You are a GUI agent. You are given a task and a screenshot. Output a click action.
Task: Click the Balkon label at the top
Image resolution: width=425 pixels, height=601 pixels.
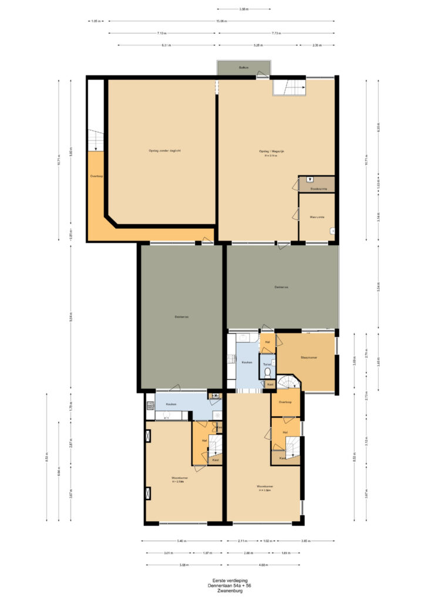[x=244, y=68]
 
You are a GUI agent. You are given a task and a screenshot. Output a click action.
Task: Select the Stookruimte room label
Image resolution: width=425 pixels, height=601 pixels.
[x=319, y=189]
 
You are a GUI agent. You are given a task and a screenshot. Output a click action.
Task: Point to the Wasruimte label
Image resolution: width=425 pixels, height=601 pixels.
[x=317, y=217]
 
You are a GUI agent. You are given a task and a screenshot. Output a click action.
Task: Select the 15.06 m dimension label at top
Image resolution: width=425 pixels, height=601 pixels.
[x=221, y=21]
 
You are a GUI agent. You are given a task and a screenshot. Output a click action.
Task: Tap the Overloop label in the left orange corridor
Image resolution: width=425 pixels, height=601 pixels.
[x=97, y=176]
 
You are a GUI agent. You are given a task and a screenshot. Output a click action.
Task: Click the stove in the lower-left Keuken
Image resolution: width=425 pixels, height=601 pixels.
[x=149, y=405]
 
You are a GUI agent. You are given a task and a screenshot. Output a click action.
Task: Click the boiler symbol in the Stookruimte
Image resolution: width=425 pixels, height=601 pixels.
[x=309, y=180]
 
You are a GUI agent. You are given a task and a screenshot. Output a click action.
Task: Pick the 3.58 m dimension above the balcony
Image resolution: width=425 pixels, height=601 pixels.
[x=244, y=9]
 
